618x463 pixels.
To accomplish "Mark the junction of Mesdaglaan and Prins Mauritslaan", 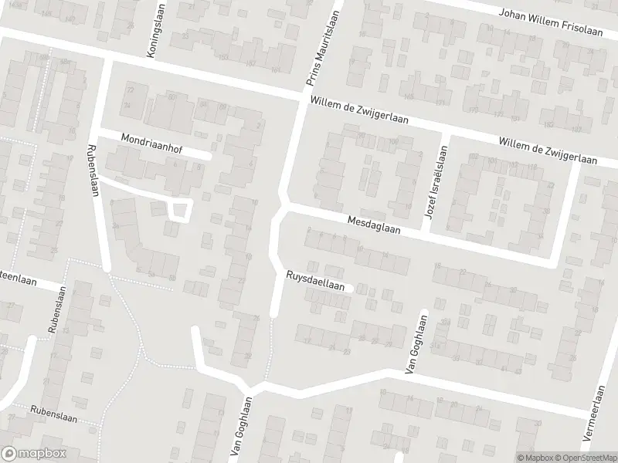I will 283,207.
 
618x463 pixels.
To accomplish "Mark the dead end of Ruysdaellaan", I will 351,288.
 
